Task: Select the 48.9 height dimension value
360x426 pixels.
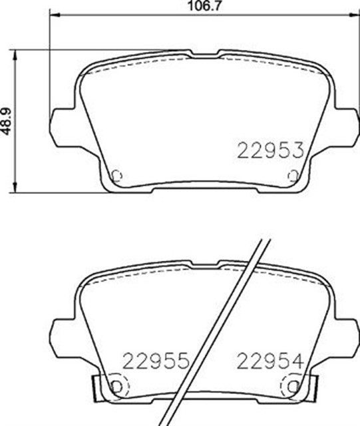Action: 7,120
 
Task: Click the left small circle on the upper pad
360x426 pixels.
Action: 117,176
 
